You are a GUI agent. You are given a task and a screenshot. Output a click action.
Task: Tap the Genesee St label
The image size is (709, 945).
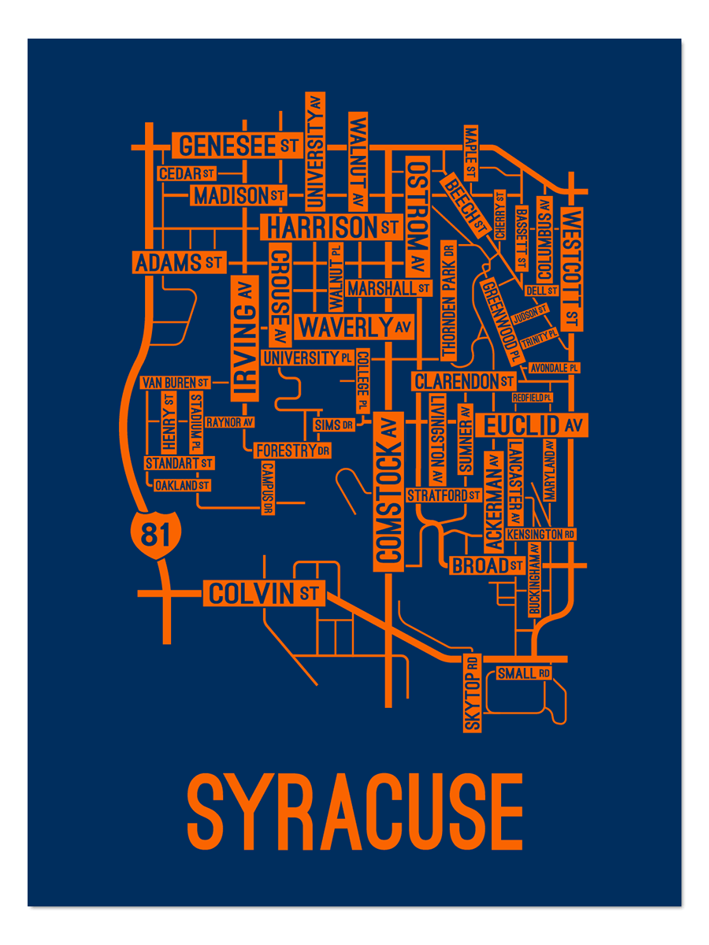pyautogui.click(x=237, y=146)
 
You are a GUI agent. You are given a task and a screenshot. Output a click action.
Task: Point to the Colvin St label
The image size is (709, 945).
pyautogui.click(x=264, y=592)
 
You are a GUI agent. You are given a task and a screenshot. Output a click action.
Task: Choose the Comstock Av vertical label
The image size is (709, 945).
pyautogui.click(x=388, y=491)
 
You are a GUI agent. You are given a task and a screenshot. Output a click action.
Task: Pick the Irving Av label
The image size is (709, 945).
pyautogui.click(x=244, y=339)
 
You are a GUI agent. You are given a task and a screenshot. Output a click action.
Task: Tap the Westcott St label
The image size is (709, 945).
pyautogui.click(x=572, y=269)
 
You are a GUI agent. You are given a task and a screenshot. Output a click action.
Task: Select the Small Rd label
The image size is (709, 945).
pyautogui.click(x=523, y=673)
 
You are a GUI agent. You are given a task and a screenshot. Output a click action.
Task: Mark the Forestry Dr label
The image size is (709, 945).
pyautogui.click(x=291, y=450)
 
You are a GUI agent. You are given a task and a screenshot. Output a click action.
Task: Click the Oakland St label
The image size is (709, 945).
pyautogui.click(x=182, y=485)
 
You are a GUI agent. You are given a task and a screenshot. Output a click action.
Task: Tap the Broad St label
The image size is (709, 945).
pyautogui.click(x=487, y=565)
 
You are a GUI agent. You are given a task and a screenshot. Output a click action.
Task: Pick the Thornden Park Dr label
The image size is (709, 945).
pyautogui.click(x=449, y=300)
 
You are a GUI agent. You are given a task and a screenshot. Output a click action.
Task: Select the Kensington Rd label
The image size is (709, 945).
pyautogui.click(x=540, y=534)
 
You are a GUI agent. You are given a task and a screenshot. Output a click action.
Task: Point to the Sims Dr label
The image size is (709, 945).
pyautogui.click(x=334, y=425)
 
